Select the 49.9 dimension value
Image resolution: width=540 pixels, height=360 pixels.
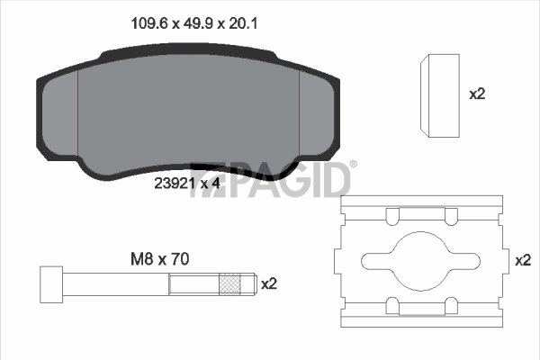pyautogui.click(x=185, y=25)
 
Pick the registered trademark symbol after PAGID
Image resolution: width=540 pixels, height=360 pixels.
pyautogui.click(x=353, y=164)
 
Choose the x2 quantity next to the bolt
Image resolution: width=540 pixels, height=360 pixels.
pyautogui.click(x=268, y=283)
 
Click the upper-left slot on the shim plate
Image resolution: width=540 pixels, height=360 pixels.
pyautogui.click(x=392, y=216)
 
